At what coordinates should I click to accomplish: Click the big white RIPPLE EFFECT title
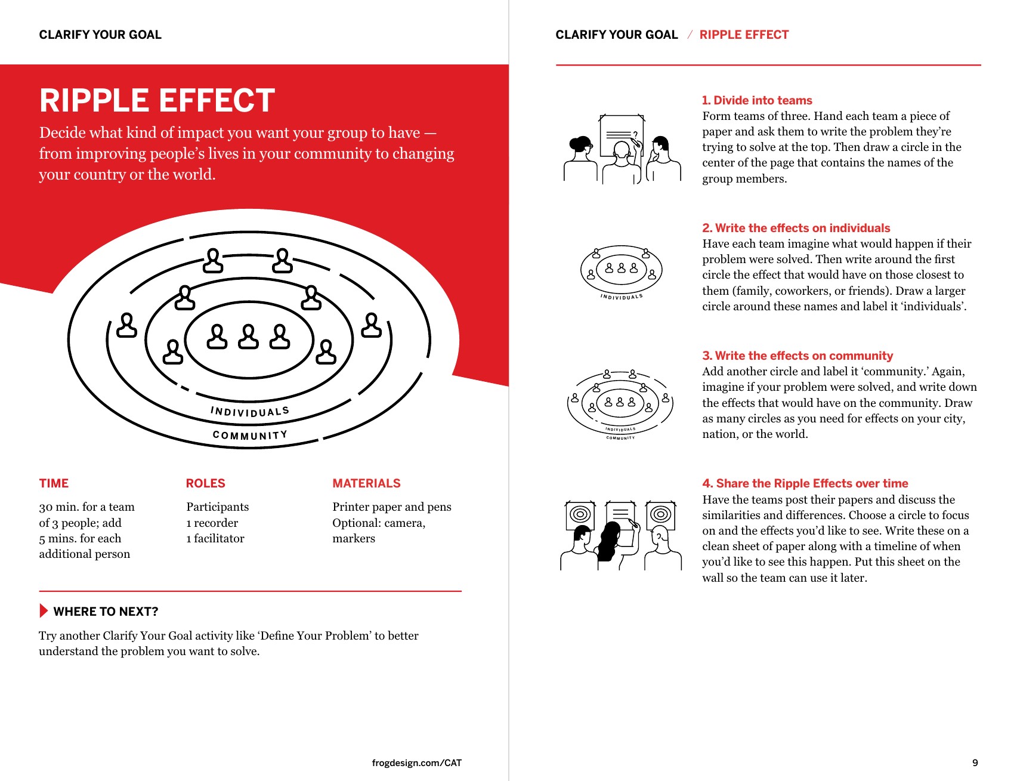[157, 100]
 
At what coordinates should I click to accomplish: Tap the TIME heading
[54, 483]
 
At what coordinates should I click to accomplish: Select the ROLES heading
[205, 483]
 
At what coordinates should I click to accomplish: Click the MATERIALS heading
[366, 483]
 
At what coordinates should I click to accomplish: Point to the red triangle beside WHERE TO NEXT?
[44, 611]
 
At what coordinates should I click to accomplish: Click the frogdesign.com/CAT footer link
[416, 763]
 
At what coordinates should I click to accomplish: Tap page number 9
[975, 763]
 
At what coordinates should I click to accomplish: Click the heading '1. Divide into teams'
[757, 100]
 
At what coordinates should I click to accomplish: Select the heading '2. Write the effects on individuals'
[796, 228]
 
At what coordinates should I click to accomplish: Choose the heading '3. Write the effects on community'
[797, 356]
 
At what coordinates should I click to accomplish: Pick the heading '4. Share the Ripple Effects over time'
[805, 483]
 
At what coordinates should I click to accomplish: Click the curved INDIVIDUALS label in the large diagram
[250, 412]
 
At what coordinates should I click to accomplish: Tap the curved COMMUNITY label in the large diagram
[250, 435]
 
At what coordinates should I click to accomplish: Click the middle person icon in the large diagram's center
[248, 337]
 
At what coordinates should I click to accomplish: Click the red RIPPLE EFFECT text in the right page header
[744, 35]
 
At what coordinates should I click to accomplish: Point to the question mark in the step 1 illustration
[635, 135]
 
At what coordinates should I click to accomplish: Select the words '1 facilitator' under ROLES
[215, 538]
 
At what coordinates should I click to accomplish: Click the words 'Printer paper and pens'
[392, 507]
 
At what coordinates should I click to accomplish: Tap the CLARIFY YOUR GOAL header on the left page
[100, 35]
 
